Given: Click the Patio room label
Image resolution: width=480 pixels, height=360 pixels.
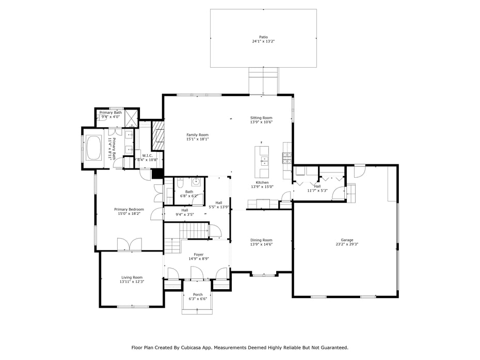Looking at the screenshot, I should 263,37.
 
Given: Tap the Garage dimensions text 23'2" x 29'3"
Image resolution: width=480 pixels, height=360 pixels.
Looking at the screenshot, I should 347,244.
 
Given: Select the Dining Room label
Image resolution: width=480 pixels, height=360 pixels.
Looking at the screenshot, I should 261,240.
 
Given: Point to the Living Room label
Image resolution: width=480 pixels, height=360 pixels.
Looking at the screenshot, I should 132,277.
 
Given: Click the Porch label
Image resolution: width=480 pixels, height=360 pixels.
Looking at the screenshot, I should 198,294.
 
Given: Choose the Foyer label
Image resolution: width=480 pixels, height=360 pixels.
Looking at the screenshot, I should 198,255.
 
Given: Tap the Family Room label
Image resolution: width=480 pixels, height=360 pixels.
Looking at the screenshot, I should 197,135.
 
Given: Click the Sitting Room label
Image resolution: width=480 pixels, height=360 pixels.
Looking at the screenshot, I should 261,118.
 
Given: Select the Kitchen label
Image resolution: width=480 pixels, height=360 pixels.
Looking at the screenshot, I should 262,182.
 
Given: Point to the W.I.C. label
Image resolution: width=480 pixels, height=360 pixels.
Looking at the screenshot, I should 146,155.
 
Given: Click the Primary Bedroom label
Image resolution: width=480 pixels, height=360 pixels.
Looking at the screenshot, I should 129,209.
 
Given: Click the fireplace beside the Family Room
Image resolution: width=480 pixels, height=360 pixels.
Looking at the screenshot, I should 157,136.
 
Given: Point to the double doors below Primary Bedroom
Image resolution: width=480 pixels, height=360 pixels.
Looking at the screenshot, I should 129,244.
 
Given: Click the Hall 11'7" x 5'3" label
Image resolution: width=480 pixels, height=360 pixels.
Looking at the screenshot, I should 317,186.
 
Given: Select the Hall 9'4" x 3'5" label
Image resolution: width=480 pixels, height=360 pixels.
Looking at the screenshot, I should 184,210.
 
